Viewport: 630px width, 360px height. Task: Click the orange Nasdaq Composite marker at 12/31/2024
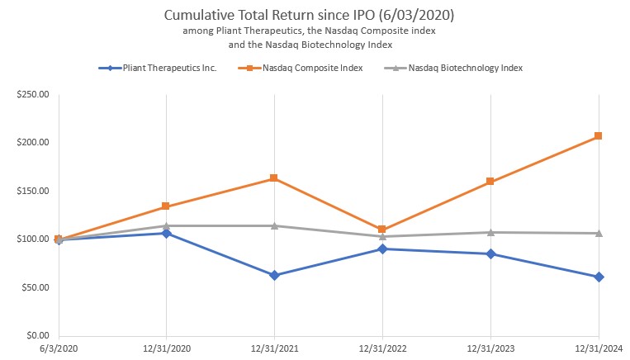[599, 136]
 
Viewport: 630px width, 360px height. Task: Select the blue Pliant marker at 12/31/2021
[274, 275]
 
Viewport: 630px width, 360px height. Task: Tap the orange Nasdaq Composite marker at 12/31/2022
[382, 230]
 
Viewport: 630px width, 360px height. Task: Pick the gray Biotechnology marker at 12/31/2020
[166, 225]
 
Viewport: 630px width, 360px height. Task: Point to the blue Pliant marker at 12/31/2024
[599, 277]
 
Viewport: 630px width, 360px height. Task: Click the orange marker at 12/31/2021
[274, 178]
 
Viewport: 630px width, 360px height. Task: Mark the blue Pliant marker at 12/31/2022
[382, 249]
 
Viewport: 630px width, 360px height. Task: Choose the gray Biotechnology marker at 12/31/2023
[490, 232]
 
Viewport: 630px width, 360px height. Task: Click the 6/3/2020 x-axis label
[58, 349]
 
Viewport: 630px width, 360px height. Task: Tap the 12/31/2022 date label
[382, 349]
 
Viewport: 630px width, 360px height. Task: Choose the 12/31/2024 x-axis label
[599, 349]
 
